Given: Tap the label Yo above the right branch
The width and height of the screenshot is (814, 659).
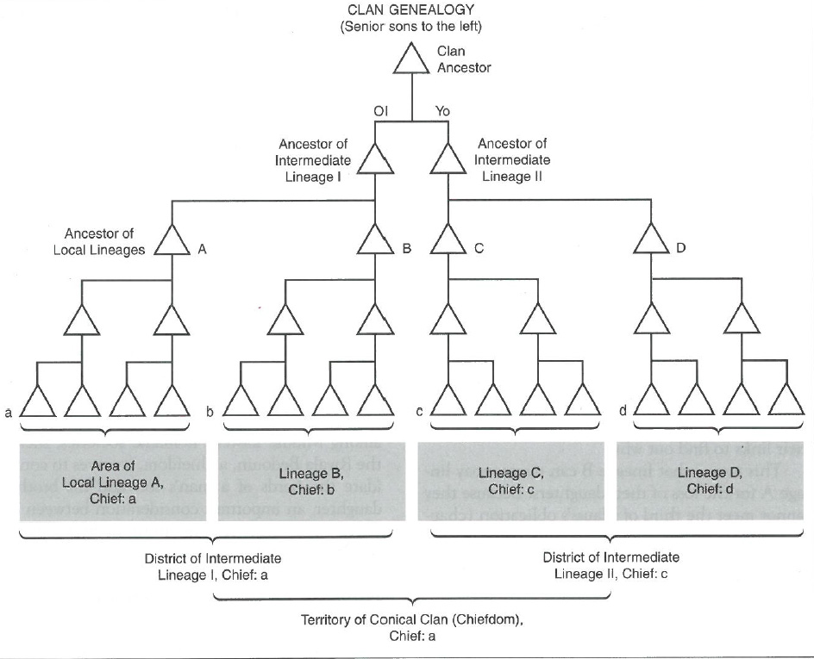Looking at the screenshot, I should pyautogui.click(x=442, y=111).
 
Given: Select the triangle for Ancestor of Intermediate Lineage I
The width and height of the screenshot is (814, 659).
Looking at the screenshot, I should pyautogui.click(x=375, y=160).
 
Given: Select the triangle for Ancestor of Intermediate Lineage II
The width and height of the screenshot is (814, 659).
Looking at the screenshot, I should pyautogui.click(x=448, y=160).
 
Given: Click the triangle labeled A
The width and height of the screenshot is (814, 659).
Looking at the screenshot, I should pyautogui.click(x=172, y=240).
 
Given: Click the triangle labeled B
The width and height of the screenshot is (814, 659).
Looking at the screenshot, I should pyautogui.click(x=375, y=240).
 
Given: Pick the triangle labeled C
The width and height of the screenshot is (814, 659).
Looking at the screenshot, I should pyautogui.click(x=448, y=240).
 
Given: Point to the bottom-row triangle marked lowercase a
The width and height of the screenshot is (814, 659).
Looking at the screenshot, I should pyautogui.click(x=37, y=401).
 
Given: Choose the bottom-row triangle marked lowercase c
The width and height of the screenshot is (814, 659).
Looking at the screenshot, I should pyautogui.click(x=448, y=401).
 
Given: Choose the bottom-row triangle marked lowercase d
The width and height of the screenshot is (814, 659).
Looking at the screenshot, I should pyautogui.click(x=651, y=401).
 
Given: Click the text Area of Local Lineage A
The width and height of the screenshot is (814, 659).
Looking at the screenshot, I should pyautogui.click(x=112, y=475).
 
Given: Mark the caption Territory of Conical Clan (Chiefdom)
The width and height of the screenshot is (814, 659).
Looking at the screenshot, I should pyautogui.click(x=411, y=620).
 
